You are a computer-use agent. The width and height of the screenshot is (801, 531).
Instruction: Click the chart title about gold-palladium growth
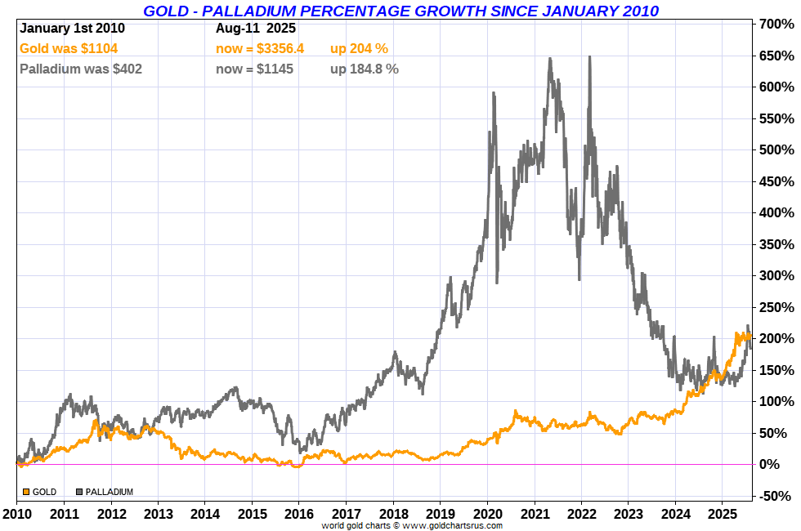click(x=400, y=11)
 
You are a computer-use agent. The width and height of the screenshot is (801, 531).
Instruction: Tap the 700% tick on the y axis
click(x=777, y=25)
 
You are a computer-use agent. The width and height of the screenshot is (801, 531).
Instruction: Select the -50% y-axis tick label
click(x=777, y=496)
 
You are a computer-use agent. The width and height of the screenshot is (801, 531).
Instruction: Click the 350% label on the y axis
click(x=777, y=244)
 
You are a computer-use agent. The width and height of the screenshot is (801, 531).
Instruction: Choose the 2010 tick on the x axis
click(x=16, y=515)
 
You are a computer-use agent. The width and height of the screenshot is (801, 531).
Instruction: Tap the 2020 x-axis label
click(x=487, y=515)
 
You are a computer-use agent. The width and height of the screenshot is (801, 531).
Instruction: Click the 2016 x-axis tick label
click(x=299, y=515)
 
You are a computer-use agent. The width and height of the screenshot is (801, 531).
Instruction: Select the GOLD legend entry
click(x=40, y=492)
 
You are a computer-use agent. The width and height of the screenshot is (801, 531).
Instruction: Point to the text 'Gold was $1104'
click(x=69, y=48)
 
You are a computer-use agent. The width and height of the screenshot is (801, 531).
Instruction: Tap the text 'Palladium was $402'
click(x=80, y=69)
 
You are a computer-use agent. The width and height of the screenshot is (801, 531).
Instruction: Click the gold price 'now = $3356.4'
click(x=259, y=48)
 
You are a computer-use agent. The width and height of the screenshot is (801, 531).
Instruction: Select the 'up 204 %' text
click(x=359, y=48)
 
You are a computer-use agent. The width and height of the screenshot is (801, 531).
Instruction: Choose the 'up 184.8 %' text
click(x=365, y=69)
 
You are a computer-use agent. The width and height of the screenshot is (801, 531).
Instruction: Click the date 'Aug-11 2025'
click(x=256, y=28)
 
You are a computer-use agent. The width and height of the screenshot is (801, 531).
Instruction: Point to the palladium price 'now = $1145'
click(x=254, y=69)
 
